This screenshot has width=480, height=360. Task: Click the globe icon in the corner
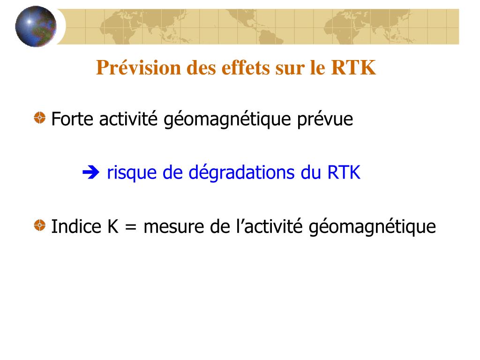pos(36,26)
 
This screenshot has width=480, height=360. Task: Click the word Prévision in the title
pos(138,67)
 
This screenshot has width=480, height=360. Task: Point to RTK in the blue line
pos(344,172)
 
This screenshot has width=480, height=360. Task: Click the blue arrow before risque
pos(91,172)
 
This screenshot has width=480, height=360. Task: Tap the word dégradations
pos(241,172)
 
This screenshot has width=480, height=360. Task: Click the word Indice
pos(76,226)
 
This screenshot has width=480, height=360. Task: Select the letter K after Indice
pos(112,226)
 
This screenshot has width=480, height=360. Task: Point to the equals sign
pos(131,228)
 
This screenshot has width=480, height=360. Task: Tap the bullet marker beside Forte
pos(39,118)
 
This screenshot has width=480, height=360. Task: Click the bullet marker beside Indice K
pos(39,225)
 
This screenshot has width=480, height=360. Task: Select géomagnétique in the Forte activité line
pos(227,120)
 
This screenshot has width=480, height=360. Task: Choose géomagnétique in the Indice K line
pos(372,227)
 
